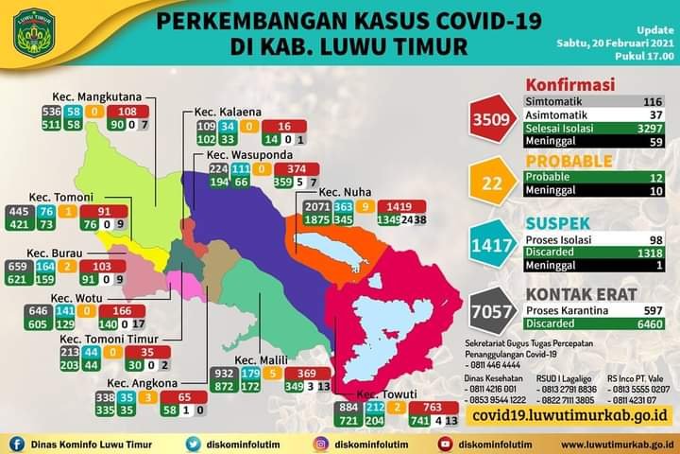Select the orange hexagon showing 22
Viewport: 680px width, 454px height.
493,183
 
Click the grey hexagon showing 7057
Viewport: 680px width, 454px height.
493,310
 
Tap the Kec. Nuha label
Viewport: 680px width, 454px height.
346,191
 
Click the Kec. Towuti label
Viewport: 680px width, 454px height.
380,393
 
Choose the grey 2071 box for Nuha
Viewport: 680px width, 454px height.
317,206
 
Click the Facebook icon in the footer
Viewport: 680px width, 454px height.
17,443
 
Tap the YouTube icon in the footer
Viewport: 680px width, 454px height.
445,443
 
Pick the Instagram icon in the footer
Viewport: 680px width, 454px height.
320,443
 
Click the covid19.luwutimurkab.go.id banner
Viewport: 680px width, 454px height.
566,414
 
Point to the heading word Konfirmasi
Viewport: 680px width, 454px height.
569,85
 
